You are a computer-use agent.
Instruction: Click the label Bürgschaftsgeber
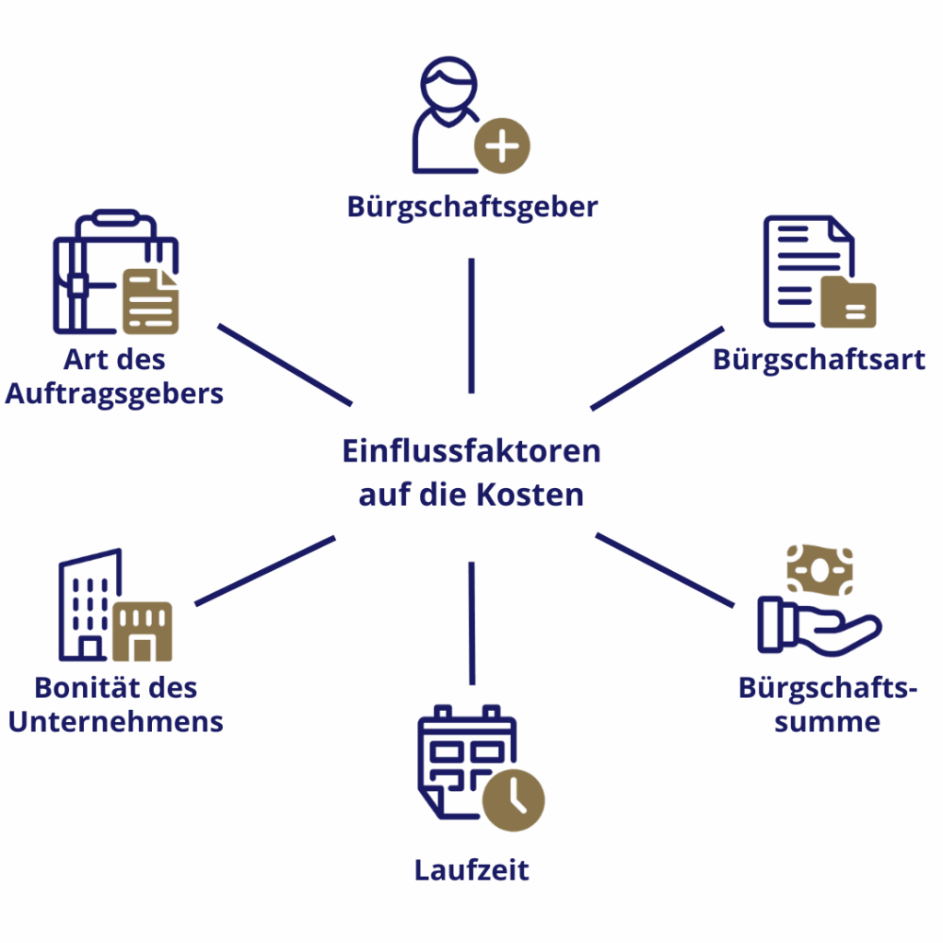pos(472,206)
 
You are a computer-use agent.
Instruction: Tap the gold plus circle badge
pos(502,146)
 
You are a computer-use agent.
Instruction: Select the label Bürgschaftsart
pos(819,359)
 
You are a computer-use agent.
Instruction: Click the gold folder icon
pos(848,302)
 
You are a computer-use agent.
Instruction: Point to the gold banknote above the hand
pos(820,570)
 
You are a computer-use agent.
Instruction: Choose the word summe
pos(827,721)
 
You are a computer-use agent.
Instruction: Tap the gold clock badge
pos(514,799)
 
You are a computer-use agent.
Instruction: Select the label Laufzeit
pos(471,870)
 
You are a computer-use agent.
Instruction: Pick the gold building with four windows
pos(143,632)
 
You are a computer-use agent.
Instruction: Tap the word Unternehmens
pos(116,721)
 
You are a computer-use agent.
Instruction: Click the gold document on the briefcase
pos(151,301)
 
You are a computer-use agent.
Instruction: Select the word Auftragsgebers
pos(114,394)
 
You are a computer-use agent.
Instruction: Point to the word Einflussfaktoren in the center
pos(471,451)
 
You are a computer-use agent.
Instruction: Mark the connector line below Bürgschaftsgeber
pos(471,324)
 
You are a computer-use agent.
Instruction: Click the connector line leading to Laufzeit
pos(471,623)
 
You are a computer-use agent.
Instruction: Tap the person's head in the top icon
pos(448,85)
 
